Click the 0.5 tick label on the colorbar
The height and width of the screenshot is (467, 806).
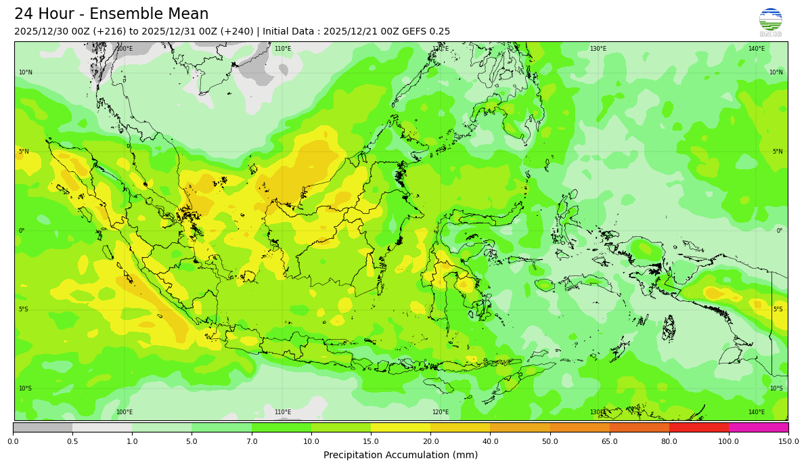(72, 441)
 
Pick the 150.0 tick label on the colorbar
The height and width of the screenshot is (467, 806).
(788, 441)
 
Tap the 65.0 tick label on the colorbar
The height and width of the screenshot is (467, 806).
(610, 441)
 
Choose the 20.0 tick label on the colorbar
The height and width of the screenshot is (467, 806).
(430, 441)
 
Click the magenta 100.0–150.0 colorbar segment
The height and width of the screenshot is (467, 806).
(759, 427)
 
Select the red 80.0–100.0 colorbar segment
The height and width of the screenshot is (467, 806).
(699, 427)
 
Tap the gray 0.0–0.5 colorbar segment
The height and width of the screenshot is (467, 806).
(43, 427)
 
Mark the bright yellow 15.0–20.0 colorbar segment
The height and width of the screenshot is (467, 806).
(401, 427)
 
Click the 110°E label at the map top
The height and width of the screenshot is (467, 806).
(283, 49)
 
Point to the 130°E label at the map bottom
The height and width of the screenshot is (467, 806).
(598, 412)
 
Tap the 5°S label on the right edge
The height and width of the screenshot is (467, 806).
(778, 309)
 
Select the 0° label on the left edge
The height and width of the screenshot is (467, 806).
(21, 231)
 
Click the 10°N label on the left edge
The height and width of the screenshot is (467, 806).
(25, 72)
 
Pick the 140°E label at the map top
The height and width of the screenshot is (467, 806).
(757, 49)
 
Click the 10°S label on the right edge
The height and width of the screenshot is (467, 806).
(776, 388)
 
